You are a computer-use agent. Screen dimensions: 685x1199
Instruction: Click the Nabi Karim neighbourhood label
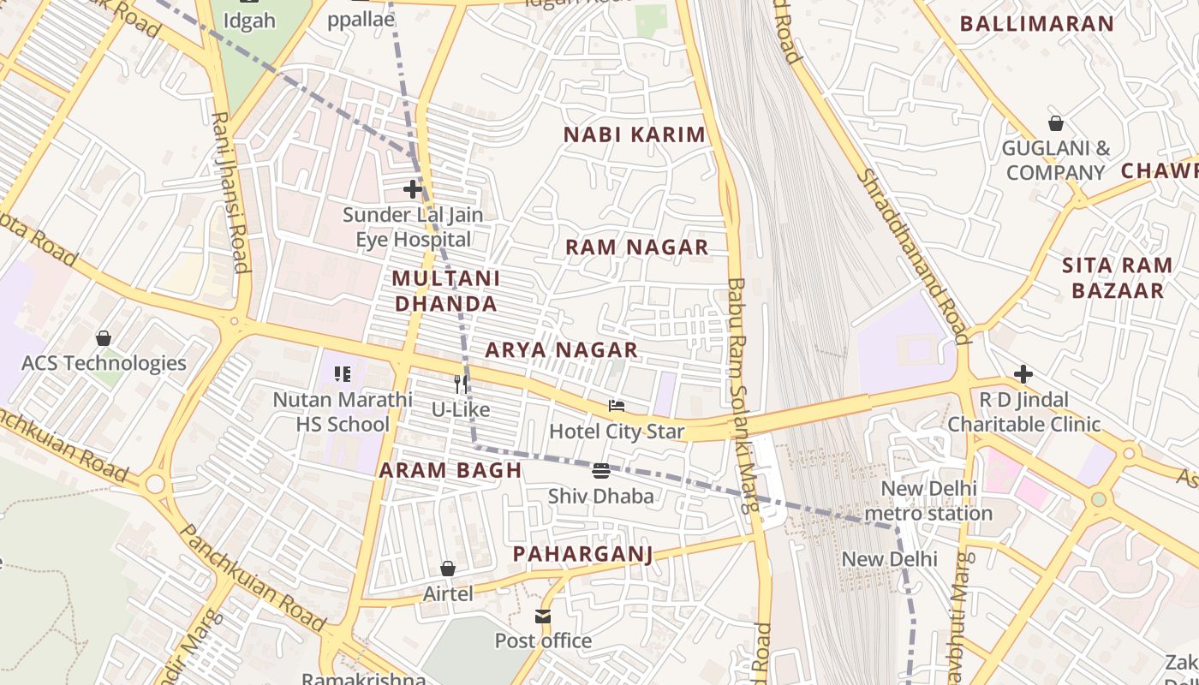click(x=635, y=134)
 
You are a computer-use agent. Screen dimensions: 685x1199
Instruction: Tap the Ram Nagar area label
click(x=636, y=247)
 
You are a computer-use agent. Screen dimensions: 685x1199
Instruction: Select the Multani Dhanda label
click(x=446, y=291)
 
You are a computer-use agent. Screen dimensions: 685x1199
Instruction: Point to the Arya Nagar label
click(x=561, y=349)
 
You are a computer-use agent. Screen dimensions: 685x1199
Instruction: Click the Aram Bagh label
click(x=450, y=470)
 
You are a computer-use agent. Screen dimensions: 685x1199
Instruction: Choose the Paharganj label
click(x=582, y=554)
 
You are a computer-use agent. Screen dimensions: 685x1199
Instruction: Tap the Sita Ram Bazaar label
click(x=1117, y=277)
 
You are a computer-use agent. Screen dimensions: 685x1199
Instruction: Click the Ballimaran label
click(x=1036, y=24)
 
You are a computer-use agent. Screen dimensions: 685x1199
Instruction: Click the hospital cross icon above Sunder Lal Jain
click(x=413, y=188)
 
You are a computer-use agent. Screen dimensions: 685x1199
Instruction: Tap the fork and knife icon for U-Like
click(x=461, y=384)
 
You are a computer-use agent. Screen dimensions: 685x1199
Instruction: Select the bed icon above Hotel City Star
click(x=617, y=405)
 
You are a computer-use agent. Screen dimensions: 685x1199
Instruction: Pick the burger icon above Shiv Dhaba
click(x=601, y=470)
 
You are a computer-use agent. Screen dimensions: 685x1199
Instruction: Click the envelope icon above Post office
click(x=543, y=616)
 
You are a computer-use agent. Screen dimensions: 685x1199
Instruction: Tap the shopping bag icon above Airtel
click(x=447, y=569)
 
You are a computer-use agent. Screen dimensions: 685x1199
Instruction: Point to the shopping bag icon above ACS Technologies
click(x=104, y=338)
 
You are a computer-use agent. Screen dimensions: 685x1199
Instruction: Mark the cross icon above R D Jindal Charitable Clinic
click(x=1023, y=374)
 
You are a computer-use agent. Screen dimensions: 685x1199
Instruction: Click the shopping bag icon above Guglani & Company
click(x=1056, y=123)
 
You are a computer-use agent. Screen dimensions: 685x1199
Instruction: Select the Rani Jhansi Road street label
click(x=230, y=192)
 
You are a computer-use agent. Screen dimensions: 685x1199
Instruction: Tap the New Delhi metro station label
click(x=928, y=501)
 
